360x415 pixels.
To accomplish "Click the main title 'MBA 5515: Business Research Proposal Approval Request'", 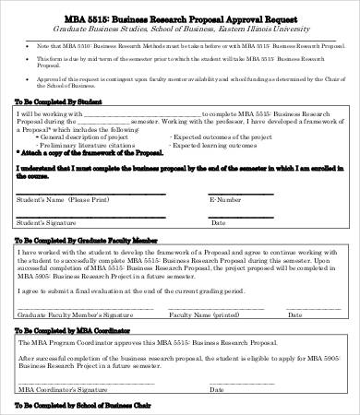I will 179,17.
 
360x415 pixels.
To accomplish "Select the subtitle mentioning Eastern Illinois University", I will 179,30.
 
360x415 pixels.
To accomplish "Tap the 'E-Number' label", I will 225,199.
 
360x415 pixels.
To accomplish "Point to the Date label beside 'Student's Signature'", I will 218,222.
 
